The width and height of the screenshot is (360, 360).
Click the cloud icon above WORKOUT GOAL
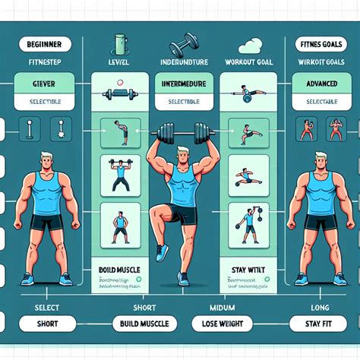pyautogui.click(x=248, y=45)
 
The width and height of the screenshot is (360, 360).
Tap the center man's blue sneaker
pyautogui.click(x=160, y=251)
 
